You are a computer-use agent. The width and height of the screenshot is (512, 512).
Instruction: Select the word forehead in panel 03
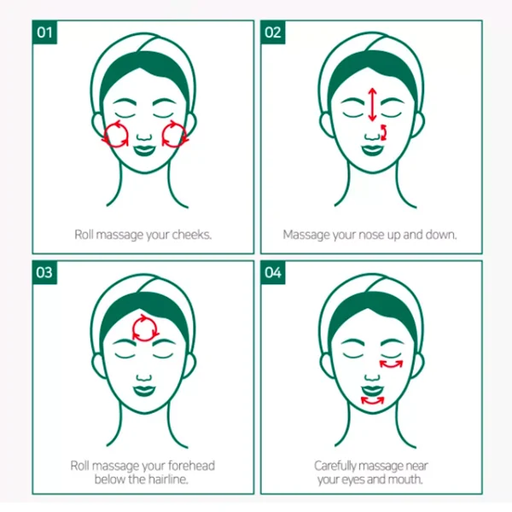tap(192, 466)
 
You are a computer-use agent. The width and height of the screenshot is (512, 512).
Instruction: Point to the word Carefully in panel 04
tap(340, 466)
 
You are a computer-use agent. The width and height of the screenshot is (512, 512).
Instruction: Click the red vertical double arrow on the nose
tap(371, 105)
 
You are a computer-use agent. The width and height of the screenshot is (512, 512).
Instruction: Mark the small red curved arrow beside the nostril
tap(383, 131)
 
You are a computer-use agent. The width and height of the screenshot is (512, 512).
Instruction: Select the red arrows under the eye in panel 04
tap(393, 365)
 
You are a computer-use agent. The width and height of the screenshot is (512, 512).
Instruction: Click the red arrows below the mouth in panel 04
tap(372, 399)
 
